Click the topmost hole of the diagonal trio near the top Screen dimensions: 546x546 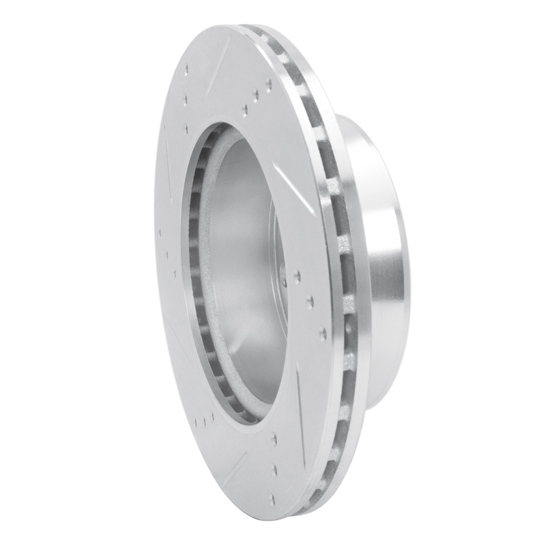click(x=268, y=85)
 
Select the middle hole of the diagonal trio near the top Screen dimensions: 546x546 click(x=255, y=96)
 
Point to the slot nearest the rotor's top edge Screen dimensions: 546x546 click(x=225, y=51)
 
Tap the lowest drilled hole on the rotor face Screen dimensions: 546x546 click(x=273, y=498)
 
